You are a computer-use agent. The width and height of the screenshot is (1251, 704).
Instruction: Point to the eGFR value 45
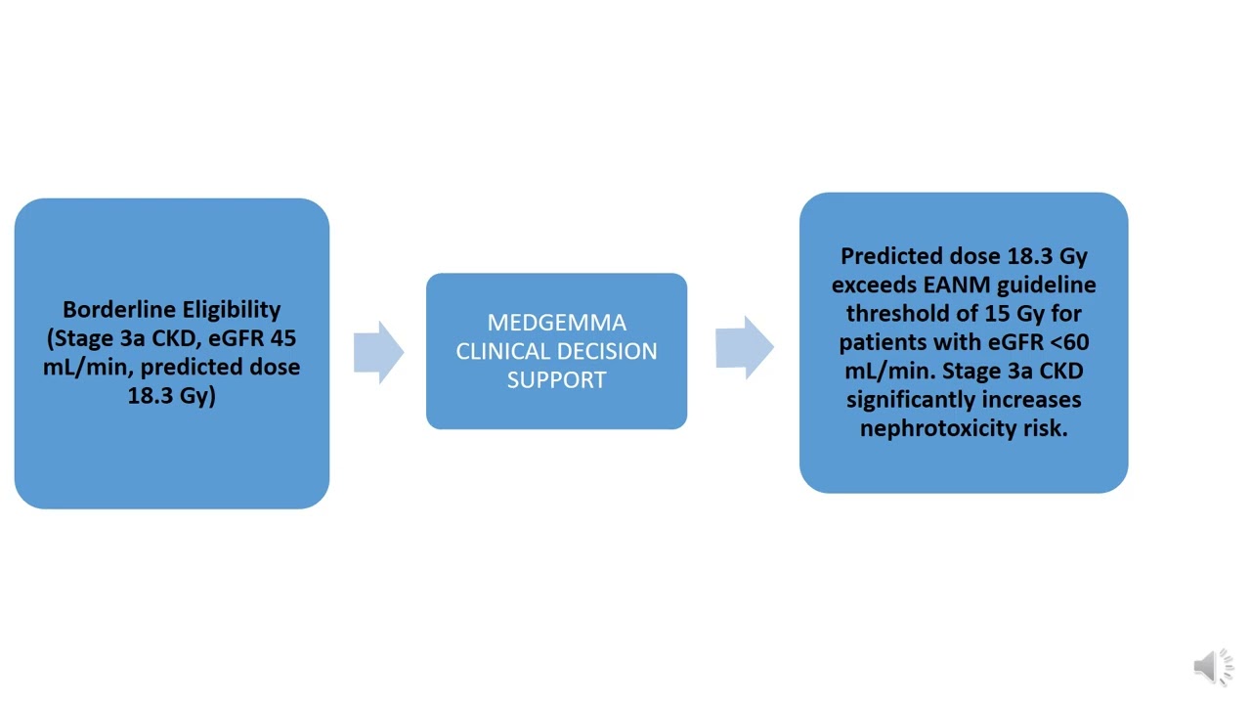pos(282,338)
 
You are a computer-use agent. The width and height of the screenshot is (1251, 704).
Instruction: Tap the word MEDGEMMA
pos(556,323)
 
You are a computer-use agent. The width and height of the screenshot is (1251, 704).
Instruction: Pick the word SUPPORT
pos(556,379)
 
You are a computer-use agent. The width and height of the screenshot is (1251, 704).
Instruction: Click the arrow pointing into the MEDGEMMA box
pos(377,351)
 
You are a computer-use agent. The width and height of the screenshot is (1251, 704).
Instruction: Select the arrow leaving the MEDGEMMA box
pos(744,348)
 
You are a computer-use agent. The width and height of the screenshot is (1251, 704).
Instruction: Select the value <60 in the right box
pos(1066,342)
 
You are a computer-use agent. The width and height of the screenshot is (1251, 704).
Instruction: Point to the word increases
pos(1033,400)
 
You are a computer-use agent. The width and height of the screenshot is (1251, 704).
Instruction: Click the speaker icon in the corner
pos(1212,667)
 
